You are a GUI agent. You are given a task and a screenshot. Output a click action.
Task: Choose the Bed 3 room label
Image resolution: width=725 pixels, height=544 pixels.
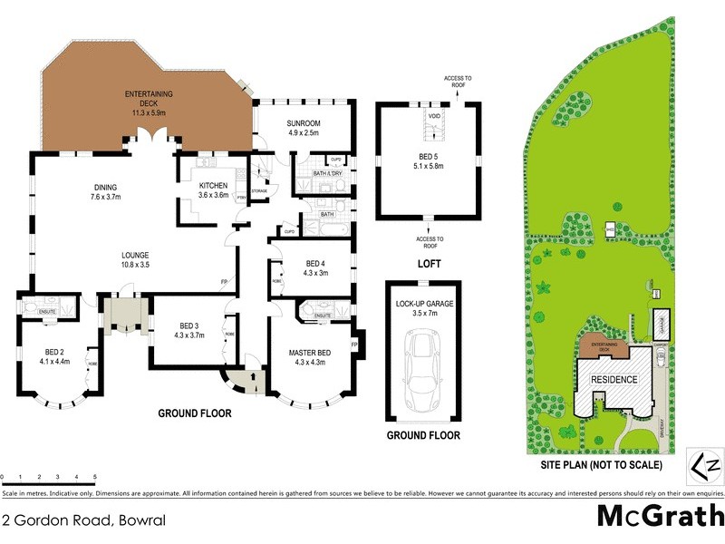click(188, 330)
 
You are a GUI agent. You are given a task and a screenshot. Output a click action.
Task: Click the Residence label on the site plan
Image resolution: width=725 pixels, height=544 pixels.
click(615, 380)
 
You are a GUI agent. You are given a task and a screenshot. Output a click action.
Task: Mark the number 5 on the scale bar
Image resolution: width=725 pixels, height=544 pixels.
click(95, 477)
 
